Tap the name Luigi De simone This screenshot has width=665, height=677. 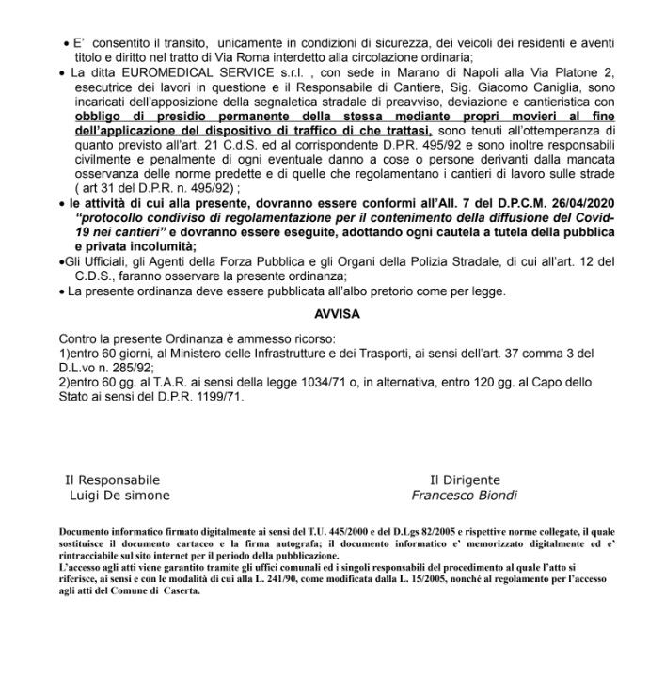120,495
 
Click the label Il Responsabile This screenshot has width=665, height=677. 112,480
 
